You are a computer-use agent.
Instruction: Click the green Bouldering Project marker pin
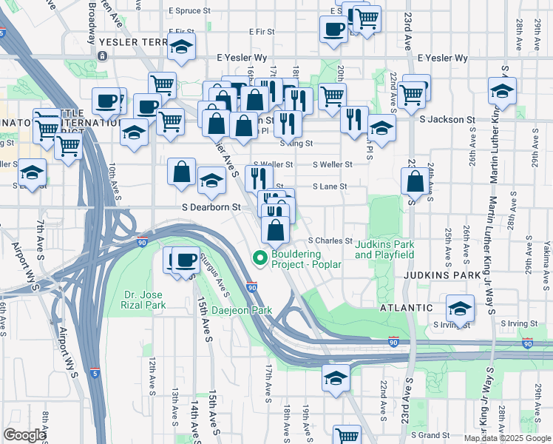click(259, 258)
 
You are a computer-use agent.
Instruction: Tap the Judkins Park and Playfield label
click(384, 249)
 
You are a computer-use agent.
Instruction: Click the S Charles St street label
click(330, 240)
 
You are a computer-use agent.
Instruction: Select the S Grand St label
click(430, 435)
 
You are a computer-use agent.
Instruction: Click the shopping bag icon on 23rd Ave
click(415, 181)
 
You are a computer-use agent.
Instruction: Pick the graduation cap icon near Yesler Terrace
click(181, 47)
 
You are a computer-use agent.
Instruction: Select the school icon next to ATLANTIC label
click(461, 308)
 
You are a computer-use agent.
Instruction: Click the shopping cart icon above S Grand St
click(346, 435)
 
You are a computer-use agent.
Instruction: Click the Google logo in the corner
click(24, 435)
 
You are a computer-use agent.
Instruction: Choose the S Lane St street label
click(330, 186)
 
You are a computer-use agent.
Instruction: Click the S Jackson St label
click(446, 119)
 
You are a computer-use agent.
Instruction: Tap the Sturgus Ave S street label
click(215, 281)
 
